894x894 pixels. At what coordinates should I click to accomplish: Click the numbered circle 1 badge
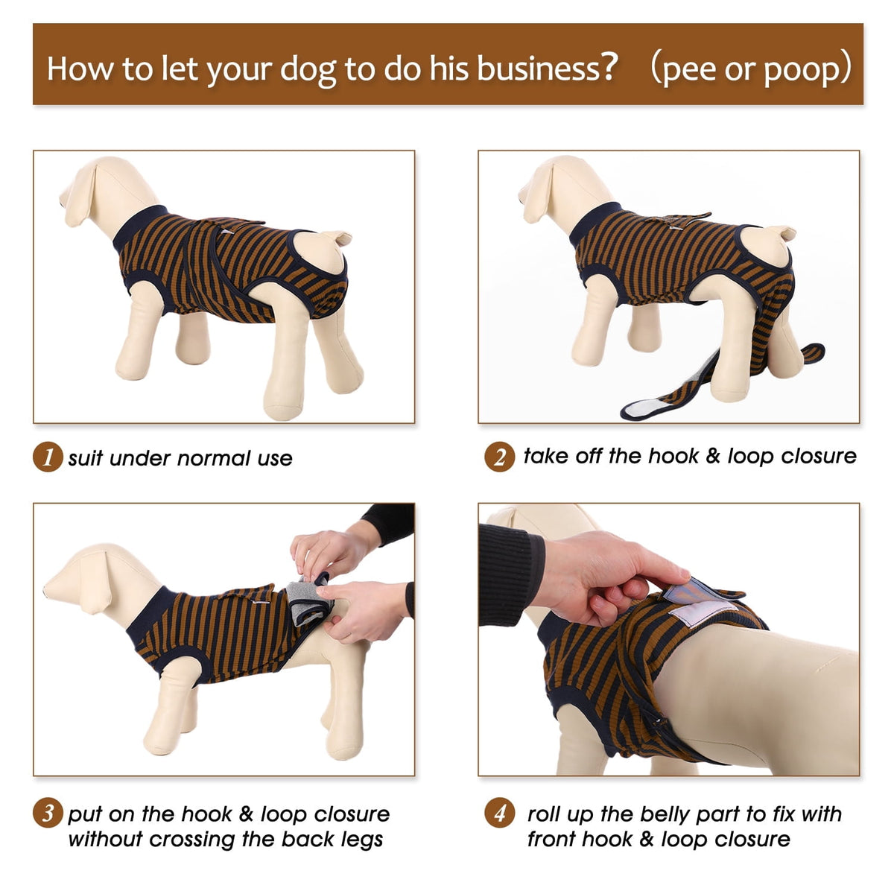point(48,457)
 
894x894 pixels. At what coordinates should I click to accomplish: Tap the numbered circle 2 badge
point(499,457)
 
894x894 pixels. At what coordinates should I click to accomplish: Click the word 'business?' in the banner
point(548,68)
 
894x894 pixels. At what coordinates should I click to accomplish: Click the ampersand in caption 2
point(713,456)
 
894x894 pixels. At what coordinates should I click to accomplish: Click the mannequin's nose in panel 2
point(521,196)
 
